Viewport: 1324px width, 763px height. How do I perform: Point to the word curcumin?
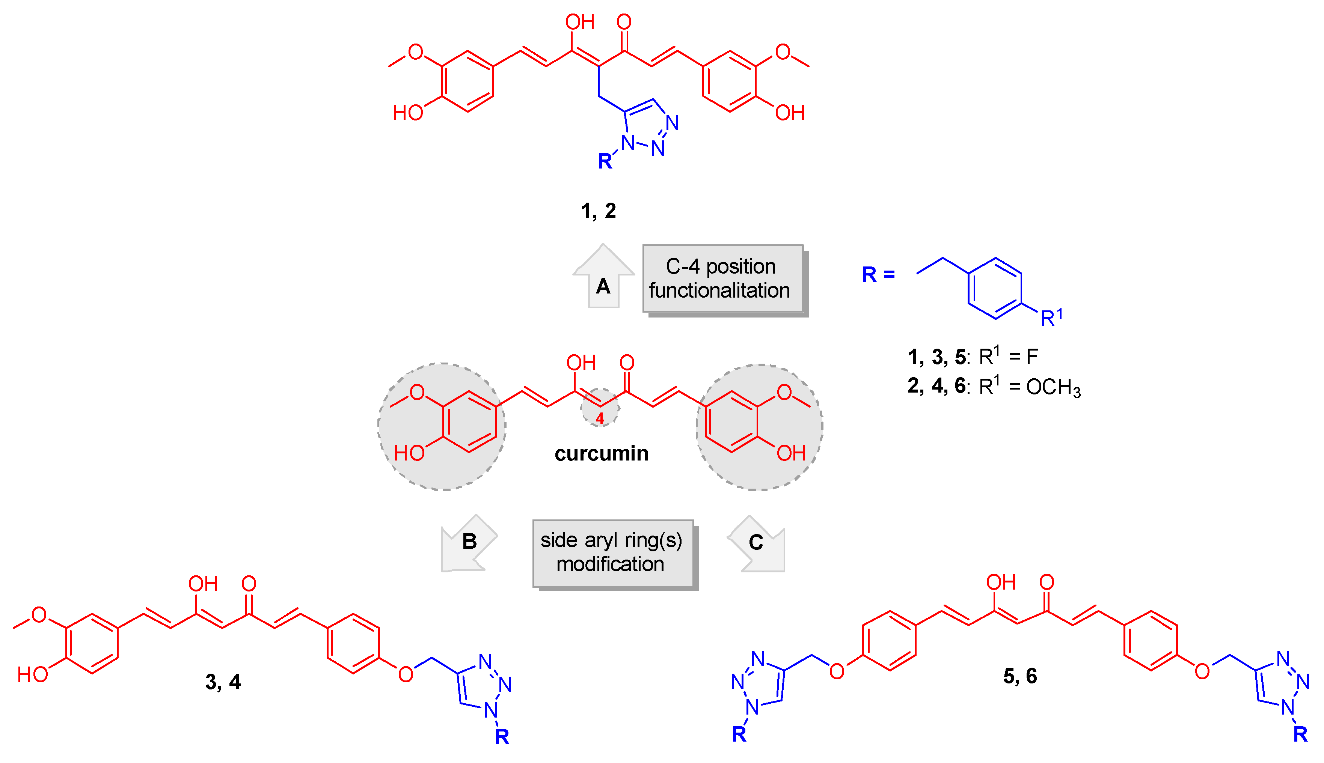601,453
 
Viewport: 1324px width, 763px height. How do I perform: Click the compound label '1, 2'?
598,211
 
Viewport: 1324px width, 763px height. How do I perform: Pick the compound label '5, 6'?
1019,676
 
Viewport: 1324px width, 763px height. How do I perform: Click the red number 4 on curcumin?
600,418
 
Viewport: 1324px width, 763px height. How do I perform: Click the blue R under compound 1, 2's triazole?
605,161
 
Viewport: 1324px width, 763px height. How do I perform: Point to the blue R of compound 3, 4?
502,737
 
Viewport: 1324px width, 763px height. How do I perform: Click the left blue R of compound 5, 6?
739,734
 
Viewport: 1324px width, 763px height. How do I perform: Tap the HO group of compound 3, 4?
33,674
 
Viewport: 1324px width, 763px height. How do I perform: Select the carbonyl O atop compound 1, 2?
624,22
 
